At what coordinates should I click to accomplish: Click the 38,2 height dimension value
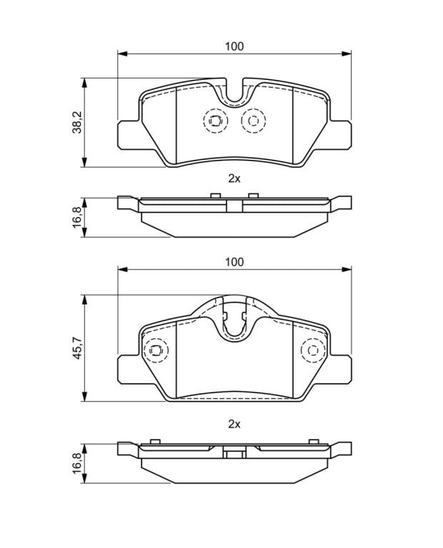click(76, 122)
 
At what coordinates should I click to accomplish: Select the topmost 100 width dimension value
click(234, 46)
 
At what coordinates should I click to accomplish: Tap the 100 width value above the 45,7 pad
click(234, 262)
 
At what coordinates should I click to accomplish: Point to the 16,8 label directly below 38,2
click(76, 217)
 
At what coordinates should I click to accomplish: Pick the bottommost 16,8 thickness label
click(76, 462)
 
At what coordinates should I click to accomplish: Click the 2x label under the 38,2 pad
click(234, 178)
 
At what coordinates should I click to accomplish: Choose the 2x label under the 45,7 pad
click(234, 425)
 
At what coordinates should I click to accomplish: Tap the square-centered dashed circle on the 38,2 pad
click(215, 121)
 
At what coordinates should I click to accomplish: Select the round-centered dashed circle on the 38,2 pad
click(253, 121)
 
